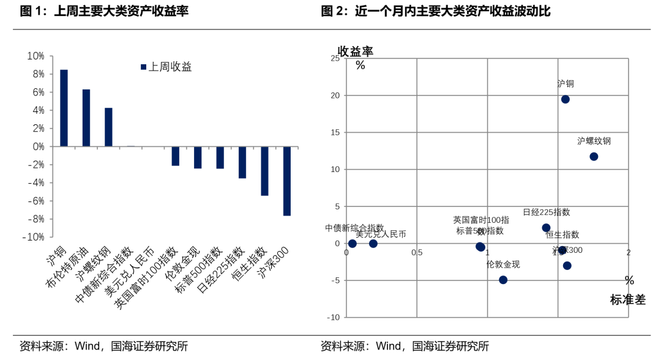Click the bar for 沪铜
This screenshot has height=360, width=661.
tap(64, 108)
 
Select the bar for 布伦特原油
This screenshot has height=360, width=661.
tap(86, 118)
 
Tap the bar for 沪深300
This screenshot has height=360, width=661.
tap(286, 181)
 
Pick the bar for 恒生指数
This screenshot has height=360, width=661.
tap(264, 171)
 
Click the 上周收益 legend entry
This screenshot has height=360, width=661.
tap(166, 67)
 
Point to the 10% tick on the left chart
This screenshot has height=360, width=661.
tap(35, 56)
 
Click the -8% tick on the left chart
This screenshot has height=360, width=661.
tap(35, 219)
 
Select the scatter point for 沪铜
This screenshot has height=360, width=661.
tap(566, 99)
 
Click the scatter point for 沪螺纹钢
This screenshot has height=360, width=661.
tap(594, 157)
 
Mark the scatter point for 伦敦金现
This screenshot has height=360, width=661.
tap(503, 280)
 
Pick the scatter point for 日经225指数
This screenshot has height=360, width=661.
tap(547, 228)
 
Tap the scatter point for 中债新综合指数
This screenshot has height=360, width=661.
tap(353, 244)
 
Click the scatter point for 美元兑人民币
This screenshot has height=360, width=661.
tap(373, 244)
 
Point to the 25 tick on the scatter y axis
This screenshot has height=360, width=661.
tap(335, 58)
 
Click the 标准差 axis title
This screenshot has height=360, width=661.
tap(627, 300)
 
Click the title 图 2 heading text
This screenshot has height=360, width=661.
tap(435, 11)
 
